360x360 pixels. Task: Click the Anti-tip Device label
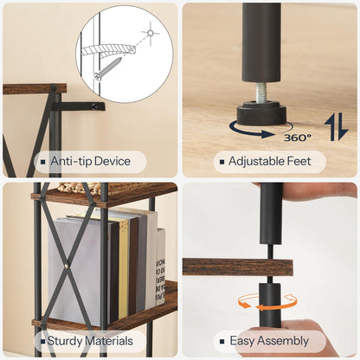[x=89, y=161]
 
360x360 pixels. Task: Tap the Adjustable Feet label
[x=270, y=161]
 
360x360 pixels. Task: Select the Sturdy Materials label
[x=89, y=341]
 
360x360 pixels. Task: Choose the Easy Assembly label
[x=270, y=341]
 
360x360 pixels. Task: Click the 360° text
[x=297, y=135]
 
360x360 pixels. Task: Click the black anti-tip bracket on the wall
[x=83, y=106]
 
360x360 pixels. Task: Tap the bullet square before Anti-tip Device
[x=42, y=162]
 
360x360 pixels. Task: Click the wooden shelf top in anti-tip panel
[x=34, y=88]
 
